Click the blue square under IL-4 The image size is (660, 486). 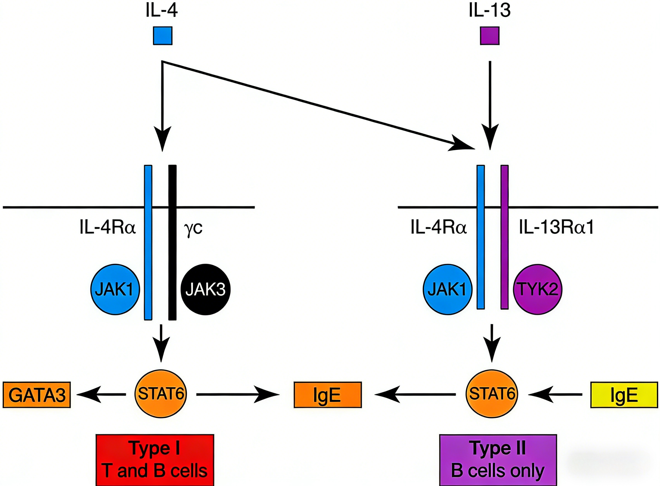click(162, 36)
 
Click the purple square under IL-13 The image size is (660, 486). click(490, 36)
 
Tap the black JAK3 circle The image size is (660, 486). click(205, 290)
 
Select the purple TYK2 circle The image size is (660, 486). click(538, 290)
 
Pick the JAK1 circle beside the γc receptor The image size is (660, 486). click(115, 290)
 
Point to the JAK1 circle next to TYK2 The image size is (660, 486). click(447, 290)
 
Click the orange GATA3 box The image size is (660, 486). click(37, 395)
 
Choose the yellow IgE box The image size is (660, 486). click(624, 395)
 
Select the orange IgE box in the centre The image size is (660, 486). click(327, 395)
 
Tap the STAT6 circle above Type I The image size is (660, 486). click(161, 394)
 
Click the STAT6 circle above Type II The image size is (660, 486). click(492, 394)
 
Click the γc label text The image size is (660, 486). click(193, 228)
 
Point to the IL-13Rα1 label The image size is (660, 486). click(556, 227)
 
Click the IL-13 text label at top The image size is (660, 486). click(490, 11)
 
